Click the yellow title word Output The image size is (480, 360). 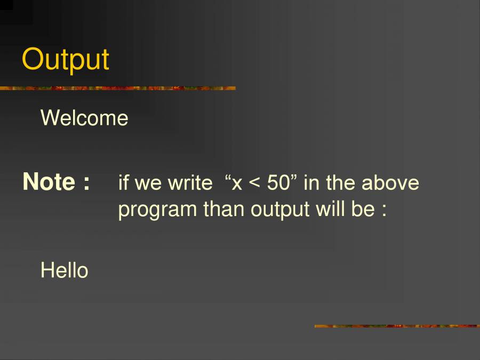[x=66, y=60]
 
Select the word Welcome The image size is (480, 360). [x=84, y=118]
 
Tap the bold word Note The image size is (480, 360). [x=49, y=182]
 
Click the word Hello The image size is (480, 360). [x=64, y=270]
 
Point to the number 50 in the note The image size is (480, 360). [x=278, y=183]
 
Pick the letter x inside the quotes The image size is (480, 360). [x=237, y=185]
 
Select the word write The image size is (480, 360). [x=190, y=183]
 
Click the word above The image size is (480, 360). [x=390, y=183]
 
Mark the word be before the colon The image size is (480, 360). [x=363, y=209]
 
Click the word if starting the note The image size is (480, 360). [x=123, y=183]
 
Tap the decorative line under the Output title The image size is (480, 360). [x=117, y=88]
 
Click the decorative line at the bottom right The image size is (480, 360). [x=397, y=325]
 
